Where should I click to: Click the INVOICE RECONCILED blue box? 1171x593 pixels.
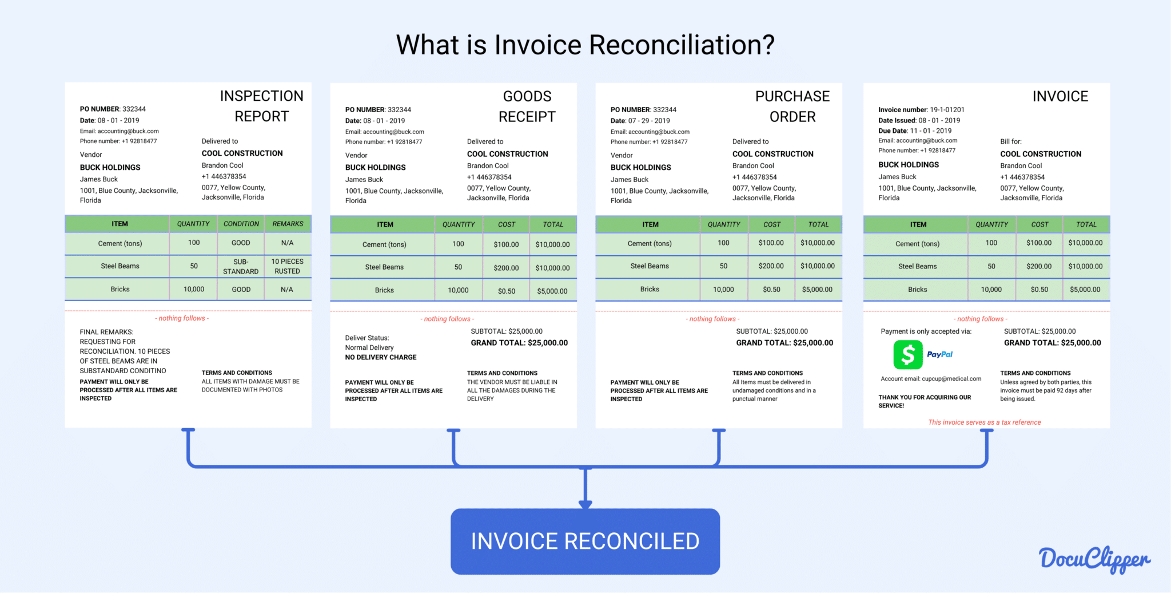585,541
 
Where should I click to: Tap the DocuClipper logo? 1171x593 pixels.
1094,559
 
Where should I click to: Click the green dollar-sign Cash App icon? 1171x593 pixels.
908,354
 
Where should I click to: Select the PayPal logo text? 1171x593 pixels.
939,354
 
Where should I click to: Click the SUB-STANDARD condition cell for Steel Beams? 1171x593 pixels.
241,266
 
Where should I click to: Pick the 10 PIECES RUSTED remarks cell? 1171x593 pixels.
288,266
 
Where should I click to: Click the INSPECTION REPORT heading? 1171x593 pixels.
261,106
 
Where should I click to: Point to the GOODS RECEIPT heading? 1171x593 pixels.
527,106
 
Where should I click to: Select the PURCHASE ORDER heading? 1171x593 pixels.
792,106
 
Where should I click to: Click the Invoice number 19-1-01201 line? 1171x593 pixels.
921,109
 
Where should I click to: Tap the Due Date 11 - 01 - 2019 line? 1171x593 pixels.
915,131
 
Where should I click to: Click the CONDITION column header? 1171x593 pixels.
241,224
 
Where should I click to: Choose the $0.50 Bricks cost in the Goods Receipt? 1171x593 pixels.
506,291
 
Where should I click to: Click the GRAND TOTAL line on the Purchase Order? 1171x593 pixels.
784,343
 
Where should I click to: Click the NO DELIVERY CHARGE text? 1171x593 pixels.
381,357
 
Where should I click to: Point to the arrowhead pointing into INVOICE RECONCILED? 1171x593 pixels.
585,504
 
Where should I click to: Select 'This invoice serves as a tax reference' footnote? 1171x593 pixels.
984,422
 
